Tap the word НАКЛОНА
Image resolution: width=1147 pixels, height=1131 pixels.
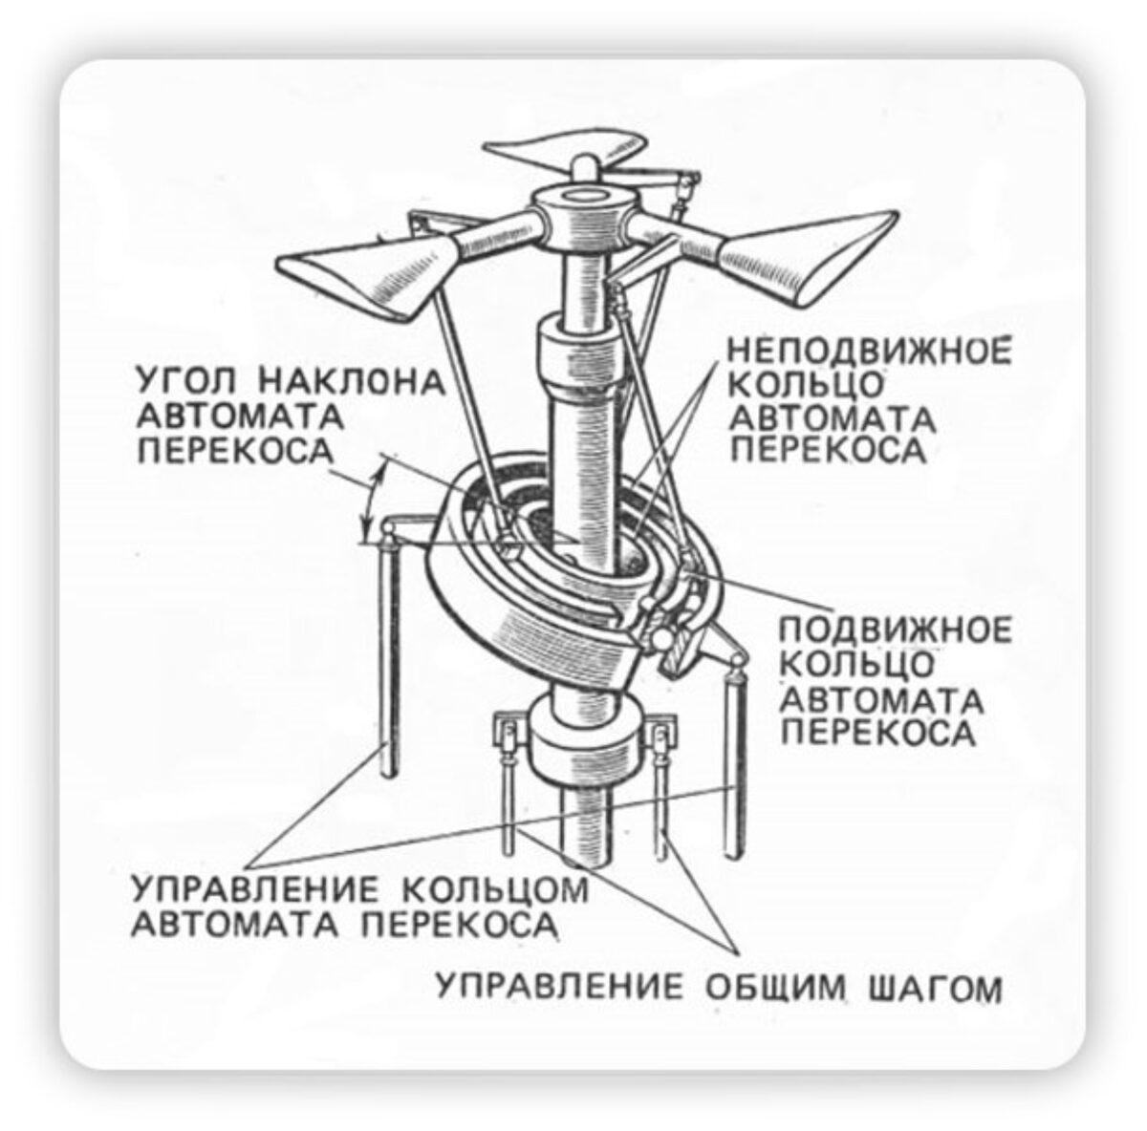[x=355, y=382]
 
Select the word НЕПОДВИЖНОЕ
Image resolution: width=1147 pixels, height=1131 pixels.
[x=870, y=352]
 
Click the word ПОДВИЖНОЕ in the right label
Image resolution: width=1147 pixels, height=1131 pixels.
[x=896, y=630]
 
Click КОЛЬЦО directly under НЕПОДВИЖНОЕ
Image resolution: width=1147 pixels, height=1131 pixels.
[x=805, y=386]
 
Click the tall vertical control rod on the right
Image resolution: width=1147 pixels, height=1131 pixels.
[x=733, y=761]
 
